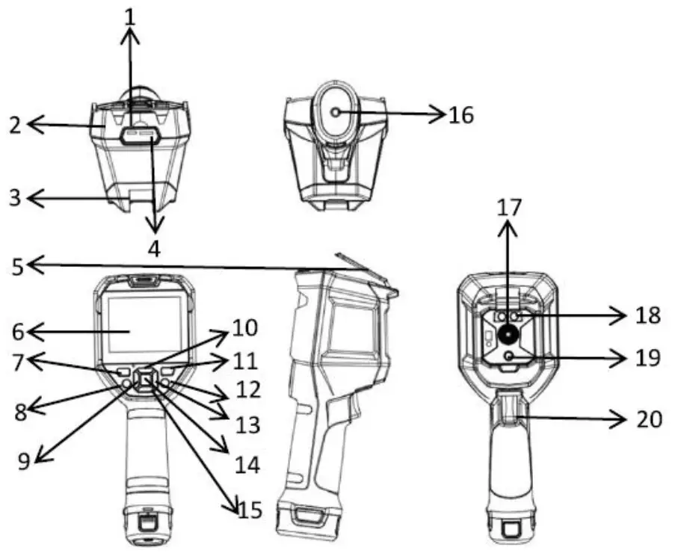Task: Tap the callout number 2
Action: click(14, 126)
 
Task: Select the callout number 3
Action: click(14, 198)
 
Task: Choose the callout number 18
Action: click(647, 315)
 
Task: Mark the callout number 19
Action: click(647, 359)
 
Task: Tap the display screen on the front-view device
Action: click(143, 324)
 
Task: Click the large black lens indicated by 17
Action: click(509, 333)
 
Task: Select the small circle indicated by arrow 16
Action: click(334, 113)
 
